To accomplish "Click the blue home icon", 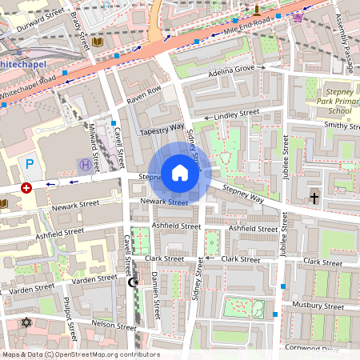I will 180,172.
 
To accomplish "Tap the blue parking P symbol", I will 30,164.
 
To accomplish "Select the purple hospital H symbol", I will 85,164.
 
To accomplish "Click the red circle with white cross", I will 26,188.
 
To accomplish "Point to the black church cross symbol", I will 314,197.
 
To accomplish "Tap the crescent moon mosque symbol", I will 134,282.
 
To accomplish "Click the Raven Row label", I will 144,94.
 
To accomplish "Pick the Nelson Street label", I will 114,325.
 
